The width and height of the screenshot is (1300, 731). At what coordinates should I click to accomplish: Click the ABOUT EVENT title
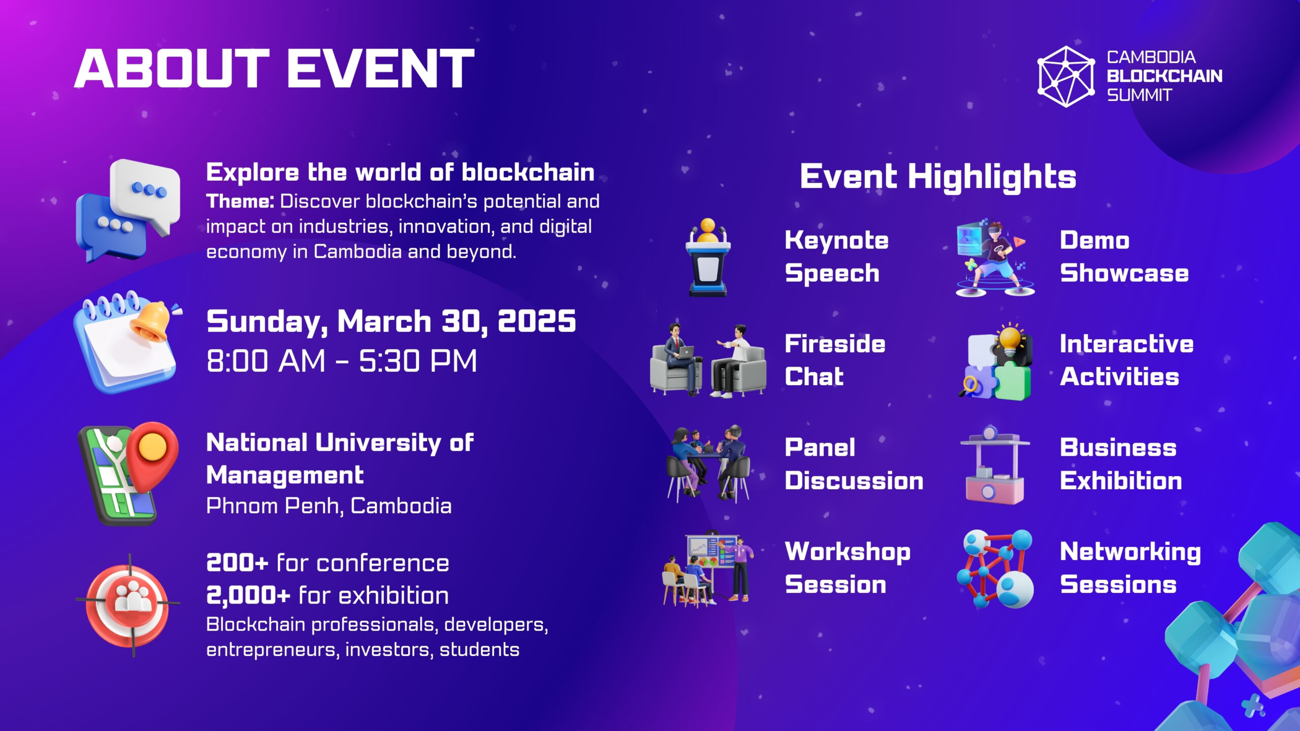pos(274,69)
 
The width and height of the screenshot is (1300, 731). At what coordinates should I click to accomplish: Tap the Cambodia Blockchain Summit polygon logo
pos(1065,77)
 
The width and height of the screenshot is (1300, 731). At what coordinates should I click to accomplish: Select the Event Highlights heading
pos(938,177)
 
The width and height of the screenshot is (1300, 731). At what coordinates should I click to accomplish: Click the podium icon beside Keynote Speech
pos(708,257)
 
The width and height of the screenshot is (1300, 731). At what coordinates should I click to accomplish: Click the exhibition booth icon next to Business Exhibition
pos(995,465)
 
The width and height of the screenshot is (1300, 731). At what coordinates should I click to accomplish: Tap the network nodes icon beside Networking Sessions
pos(995,569)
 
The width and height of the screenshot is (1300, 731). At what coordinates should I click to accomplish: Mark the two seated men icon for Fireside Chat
pos(708,359)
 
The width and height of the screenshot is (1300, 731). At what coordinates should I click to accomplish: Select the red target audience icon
pos(128,605)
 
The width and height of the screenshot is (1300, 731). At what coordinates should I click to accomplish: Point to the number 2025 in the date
pos(537,321)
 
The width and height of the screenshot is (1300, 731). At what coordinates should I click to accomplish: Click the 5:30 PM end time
pos(418,361)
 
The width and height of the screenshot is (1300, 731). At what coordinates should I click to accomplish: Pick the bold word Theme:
pos(240,202)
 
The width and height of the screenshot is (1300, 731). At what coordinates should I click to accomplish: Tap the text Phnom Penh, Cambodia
pos(329,506)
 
